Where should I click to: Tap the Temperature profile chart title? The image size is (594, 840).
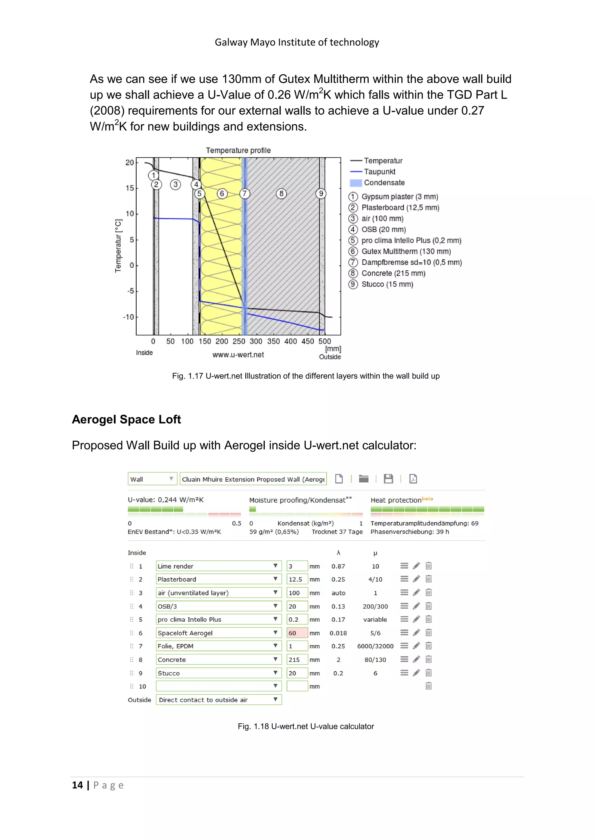238,150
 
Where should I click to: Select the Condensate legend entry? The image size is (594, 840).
384,182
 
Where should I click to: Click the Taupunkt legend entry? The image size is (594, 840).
379,172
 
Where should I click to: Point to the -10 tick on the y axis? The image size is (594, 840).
129,317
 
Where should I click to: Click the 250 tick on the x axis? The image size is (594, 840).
239,341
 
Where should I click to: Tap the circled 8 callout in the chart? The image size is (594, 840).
281,193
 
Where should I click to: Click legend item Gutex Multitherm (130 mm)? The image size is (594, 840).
406,251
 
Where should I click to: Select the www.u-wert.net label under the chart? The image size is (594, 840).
238,354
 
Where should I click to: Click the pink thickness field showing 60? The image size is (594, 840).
297,633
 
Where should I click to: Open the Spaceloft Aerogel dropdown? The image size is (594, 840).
218,633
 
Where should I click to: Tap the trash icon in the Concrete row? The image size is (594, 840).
429,659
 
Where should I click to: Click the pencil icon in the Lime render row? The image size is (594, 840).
416,566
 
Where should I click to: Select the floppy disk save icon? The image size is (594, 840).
388,479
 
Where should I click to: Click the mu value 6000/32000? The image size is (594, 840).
375,646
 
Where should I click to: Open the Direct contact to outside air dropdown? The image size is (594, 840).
218,700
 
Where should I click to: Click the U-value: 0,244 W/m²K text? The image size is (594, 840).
165,500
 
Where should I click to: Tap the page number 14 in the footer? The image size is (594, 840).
77,785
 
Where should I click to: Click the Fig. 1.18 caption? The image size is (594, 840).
306,726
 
